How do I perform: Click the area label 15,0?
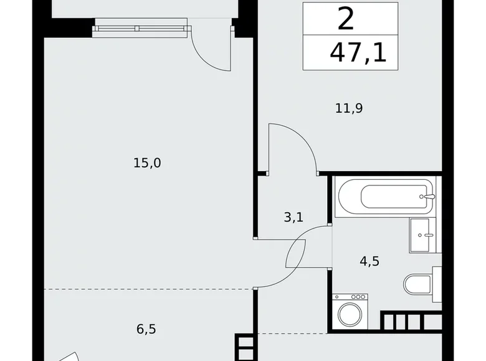point(147,163)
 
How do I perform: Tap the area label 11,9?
point(349,108)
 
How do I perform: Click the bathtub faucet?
point(426,197)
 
